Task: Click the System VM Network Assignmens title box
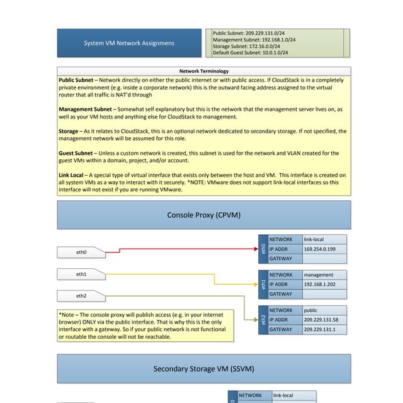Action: tap(129, 43)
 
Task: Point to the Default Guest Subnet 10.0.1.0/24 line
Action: tap(250, 53)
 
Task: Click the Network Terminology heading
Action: tap(204, 71)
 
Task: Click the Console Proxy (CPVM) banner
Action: tap(203, 215)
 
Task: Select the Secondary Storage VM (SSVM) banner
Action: tap(203, 368)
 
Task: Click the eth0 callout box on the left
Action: tap(81, 253)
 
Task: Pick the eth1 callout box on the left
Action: tap(81, 275)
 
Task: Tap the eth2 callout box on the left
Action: tap(81, 295)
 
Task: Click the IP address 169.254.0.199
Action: tap(319, 249)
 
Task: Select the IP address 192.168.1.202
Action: tap(319, 285)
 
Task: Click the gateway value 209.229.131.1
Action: tap(320, 329)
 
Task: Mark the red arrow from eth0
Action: tap(183, 249)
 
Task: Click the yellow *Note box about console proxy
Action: tap(145, 326)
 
